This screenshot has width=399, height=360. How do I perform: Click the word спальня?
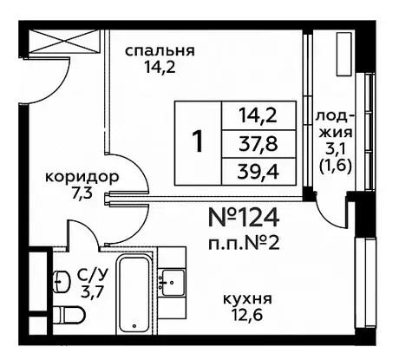pos(160,51)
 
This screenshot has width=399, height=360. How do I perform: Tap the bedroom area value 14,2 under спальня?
pos(160,68)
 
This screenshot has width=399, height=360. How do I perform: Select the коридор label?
pos(82,177)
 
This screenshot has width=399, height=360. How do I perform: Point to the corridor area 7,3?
pos(82,193)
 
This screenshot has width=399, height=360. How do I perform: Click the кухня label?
pos(247,299)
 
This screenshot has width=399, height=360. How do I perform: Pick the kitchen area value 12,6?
pos(247,314)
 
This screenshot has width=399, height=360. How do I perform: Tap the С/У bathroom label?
pos(93,276)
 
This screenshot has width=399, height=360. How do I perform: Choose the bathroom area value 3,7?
pos(92,292)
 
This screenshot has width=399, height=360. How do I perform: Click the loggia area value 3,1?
pos(335,150)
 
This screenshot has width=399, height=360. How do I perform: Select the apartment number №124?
pos(244,218)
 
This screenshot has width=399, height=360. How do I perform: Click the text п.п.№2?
pos(244,244)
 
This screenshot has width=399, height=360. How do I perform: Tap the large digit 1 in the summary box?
pos(198,141)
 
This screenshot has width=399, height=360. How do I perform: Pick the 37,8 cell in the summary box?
pos(258,144)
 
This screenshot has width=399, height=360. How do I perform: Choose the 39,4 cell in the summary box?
pos(258,172)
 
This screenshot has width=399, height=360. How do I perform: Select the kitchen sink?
pos(173,282)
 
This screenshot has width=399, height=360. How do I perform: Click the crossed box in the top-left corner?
pos(65,41)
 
